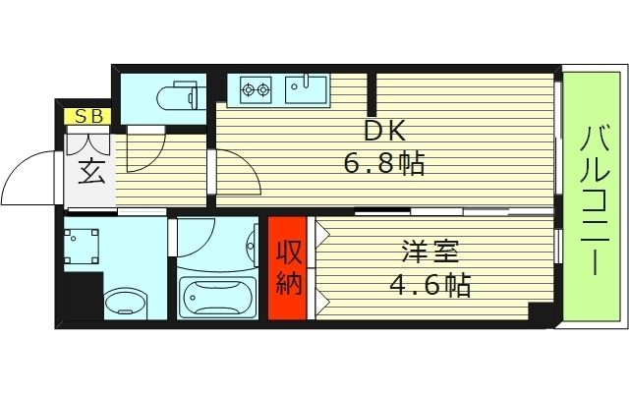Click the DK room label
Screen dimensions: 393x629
tap(383, 131)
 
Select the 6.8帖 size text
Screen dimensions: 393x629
tap(383, 163)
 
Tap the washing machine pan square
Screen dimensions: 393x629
tap(83, 246)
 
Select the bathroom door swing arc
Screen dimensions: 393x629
tap(201, 241)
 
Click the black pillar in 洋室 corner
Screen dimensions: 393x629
tap(540, 312)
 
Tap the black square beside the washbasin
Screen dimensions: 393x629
tap(82, 299)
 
